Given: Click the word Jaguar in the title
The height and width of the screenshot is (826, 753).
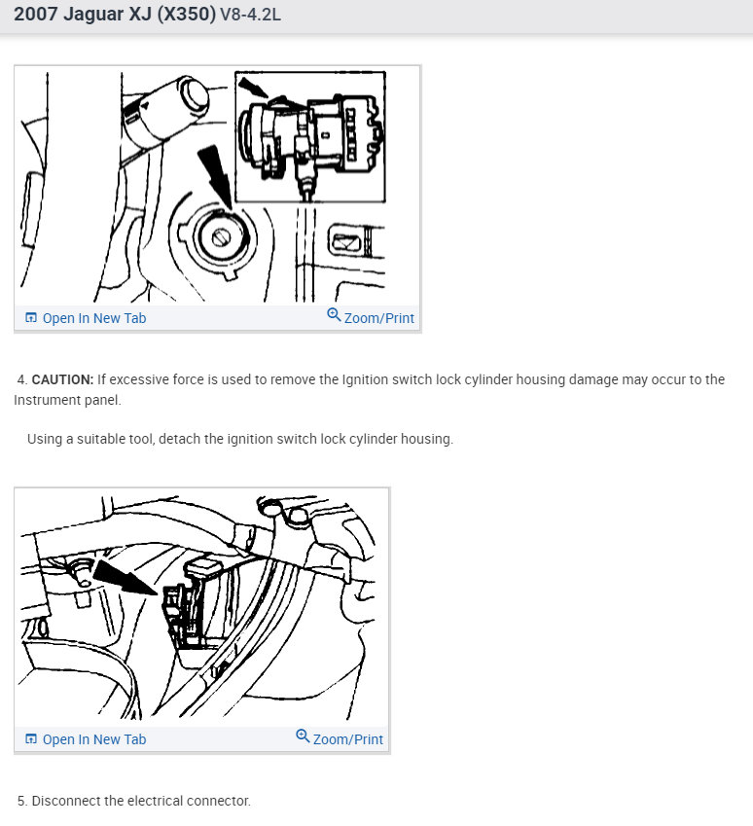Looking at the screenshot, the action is (x=92, y=15).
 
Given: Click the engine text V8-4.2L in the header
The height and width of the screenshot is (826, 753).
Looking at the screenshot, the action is (x=250, y=15).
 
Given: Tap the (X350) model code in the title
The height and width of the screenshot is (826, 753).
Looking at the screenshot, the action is (x=186, y=15).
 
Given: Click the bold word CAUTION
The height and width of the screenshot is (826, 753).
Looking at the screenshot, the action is (x=62, y=379).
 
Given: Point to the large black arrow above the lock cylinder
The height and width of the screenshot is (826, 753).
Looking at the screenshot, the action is (x=216, y=176).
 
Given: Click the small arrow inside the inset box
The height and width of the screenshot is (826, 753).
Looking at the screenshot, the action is (x=254, y=87).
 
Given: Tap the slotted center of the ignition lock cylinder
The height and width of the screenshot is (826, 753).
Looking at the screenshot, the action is (x=221, y=238).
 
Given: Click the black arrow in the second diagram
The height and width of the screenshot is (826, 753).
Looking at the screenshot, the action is (x=125, y=577).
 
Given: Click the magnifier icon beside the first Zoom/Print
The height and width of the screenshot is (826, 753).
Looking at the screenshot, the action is (x=334, y=315).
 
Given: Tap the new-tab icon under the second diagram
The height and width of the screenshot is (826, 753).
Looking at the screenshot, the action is (x=31, y=739).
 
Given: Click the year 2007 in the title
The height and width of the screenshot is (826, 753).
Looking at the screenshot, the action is (x=36, y=15).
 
